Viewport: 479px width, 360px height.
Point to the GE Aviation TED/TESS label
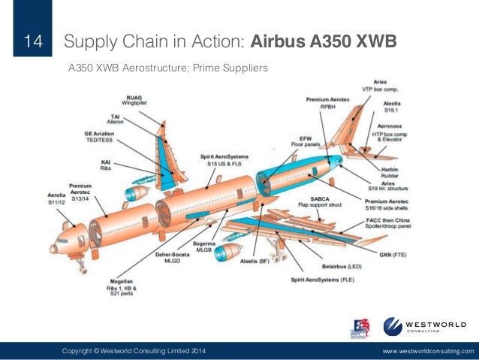point(98,138)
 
